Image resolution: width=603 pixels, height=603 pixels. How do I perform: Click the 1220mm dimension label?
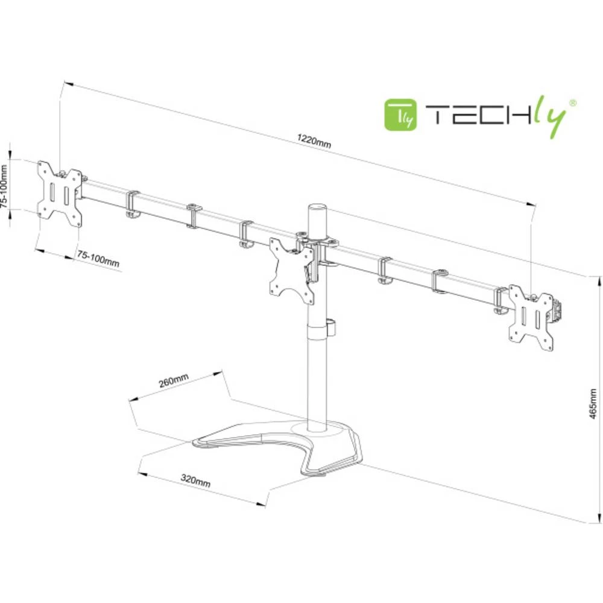(314, 143)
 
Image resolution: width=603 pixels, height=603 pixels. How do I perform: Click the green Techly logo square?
(401, 114)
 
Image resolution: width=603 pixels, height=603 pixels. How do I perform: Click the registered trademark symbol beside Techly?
(573, 104)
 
